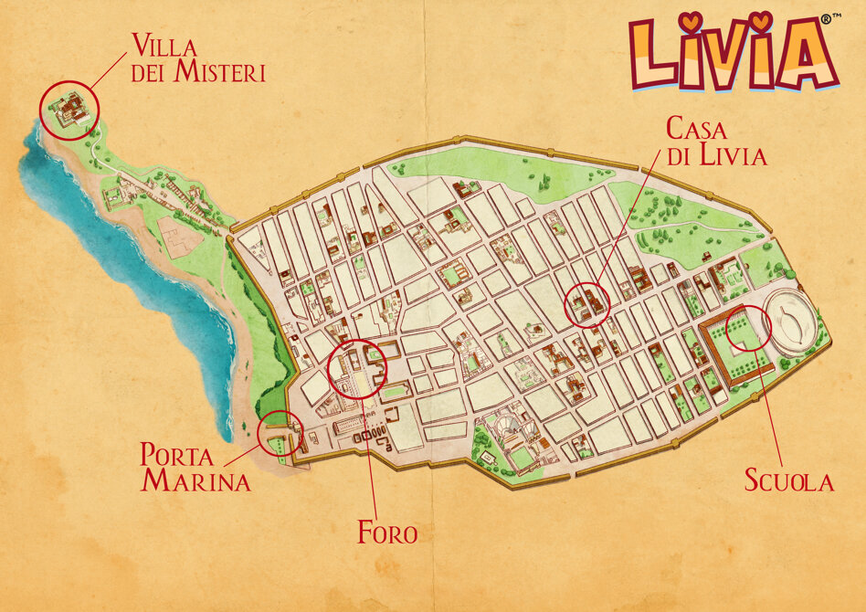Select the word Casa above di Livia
696,128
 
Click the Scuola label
789,480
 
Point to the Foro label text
387,532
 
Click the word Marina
195,481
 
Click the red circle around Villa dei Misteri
69,110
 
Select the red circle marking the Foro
357,369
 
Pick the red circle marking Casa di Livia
587,304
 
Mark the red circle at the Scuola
748,328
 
